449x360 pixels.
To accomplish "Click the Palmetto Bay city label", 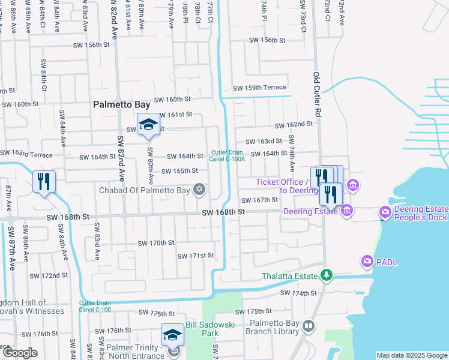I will click(121, 104).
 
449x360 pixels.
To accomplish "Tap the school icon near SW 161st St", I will click(148, 125).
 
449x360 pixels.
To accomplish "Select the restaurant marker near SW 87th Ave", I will click(44, 182).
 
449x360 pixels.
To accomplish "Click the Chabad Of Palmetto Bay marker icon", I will click(199, 191).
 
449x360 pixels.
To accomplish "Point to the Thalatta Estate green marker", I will click(326, 275).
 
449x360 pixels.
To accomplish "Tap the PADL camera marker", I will click(367, 261).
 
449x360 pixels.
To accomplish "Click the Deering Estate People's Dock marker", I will click(385, 212).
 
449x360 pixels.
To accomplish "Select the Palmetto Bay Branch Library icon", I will click(309, 326).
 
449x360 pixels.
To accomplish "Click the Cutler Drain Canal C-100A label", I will click(227, 156).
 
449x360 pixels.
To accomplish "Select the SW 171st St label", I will click(195, 256).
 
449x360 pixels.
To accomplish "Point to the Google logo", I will click(20, 353).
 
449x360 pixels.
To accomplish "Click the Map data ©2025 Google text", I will click(411, 355).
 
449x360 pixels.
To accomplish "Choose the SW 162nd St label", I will click(294, 125).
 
